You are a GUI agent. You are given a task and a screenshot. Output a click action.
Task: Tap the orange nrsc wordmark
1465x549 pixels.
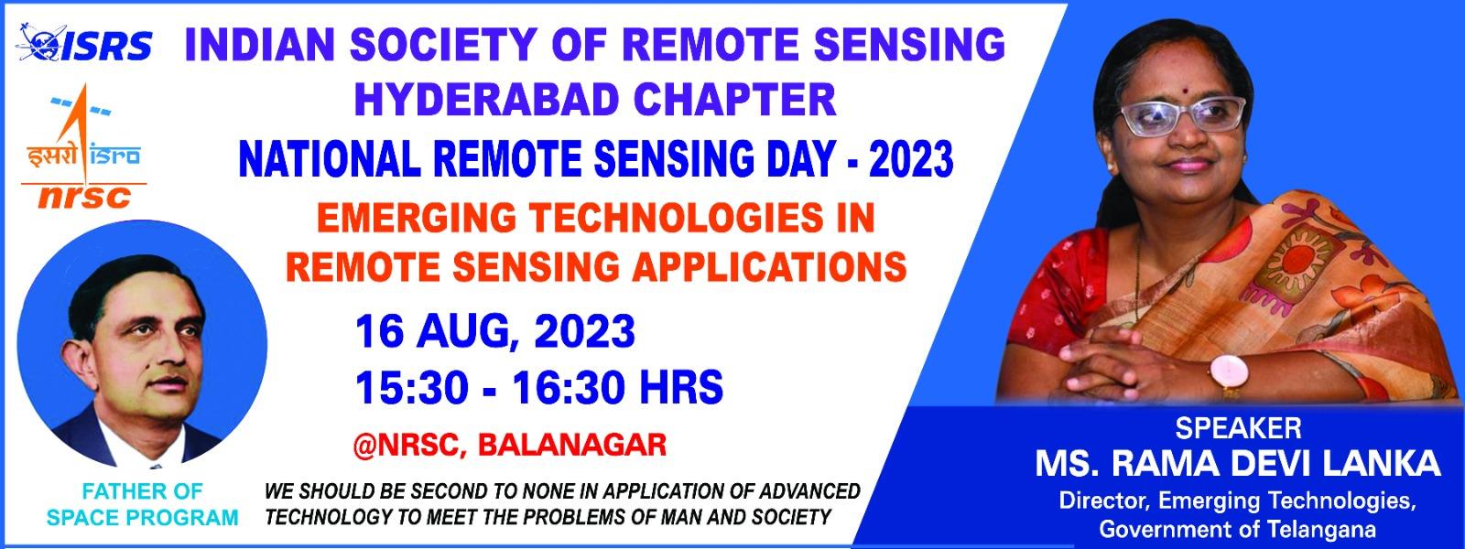[84, 197]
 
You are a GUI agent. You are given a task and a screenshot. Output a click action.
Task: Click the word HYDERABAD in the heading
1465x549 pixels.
[486, 100]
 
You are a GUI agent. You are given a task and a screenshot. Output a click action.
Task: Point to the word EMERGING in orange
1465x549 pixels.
[416, 218]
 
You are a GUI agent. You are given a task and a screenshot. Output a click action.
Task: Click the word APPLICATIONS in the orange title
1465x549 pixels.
[773, 266]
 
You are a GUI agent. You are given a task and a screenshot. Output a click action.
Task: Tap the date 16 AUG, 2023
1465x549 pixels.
[495, 331]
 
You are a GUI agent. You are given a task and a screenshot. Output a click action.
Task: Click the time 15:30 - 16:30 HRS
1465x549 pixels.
[539, 388]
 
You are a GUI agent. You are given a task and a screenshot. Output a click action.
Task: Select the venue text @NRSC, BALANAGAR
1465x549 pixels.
[509, 445]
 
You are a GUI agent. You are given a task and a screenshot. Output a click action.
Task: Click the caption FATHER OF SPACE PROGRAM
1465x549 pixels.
[142, 504]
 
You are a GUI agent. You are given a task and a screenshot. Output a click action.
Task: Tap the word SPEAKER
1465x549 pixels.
[1238, 428]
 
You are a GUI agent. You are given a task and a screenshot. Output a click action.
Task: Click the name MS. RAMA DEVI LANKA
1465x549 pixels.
[1238, 464]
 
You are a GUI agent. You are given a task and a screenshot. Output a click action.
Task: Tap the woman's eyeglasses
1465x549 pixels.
[1182, 116]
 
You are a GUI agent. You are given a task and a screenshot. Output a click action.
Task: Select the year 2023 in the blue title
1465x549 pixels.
[911, 159]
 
